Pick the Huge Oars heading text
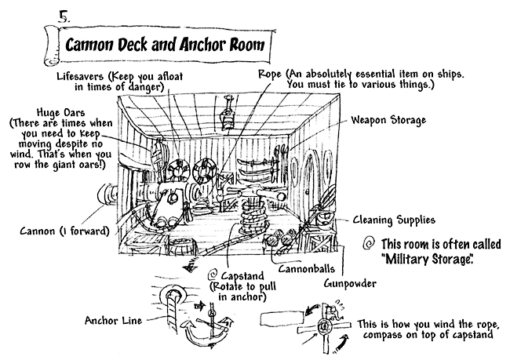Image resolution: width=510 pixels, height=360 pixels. (x=49, y=113)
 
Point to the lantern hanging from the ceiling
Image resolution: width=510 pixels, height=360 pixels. (x=228, y=116)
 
